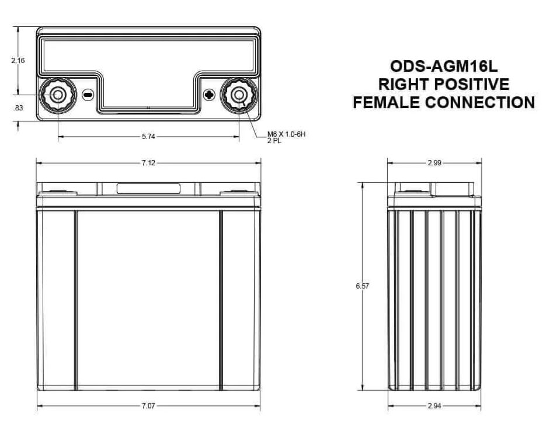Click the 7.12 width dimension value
coord(148,163)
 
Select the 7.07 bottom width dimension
coord(148,406)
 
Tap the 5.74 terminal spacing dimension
coord(148,137)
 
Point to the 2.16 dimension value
coord(18,60)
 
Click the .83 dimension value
coord(18,107)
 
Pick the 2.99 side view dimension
coord(434,163)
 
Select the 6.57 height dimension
coord(361,286)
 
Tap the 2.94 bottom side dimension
coord(434,406)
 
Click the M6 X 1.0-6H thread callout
coord(286,134)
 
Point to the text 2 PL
coord(274,141)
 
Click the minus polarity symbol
coord(88,95)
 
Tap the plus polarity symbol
coord(210,95)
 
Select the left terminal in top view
coord(58,95)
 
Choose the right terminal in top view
coord(239,95)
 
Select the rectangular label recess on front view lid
coord(148,189)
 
